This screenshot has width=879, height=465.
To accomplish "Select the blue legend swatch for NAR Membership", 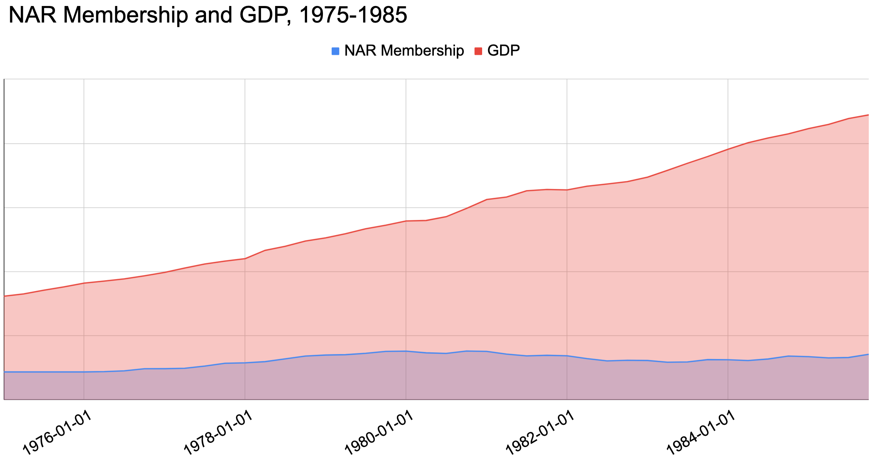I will [x=335, y=51].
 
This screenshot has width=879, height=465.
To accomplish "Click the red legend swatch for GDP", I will [x=478, y=51].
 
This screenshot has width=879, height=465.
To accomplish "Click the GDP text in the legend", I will [x=503, y=51].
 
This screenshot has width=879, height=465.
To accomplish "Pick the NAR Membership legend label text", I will [x=404, y=51].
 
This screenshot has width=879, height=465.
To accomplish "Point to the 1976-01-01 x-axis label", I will [x=57, y=433].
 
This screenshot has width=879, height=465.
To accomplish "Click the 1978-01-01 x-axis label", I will [x=218, y=433].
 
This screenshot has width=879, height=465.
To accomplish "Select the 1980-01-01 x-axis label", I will [x=379, y=433].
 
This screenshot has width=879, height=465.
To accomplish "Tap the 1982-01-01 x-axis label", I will [x=540, y=433].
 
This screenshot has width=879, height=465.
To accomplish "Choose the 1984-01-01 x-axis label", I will [x=701, y=433].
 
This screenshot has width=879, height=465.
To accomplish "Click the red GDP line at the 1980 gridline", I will [x=406, y=221].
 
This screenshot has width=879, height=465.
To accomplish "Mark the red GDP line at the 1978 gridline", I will [x=245, y=259].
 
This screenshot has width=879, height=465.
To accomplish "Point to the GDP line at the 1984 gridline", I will [x=728, y=149].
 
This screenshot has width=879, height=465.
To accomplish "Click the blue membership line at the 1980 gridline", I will [x=406, y=351].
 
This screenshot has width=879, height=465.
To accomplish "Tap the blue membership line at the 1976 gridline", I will [x=84, y=372].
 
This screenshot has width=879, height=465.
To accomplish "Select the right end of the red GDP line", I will [x=868, y=115].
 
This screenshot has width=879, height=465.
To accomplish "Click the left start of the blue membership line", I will [x=5, y=372].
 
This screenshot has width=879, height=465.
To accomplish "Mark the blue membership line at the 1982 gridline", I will [x=567, y=356].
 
